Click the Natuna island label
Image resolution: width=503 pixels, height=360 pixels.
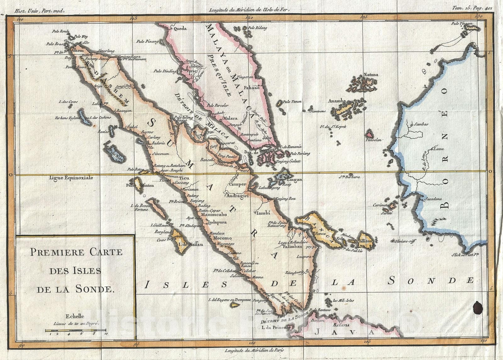pyautogui.click(x=371, y=75)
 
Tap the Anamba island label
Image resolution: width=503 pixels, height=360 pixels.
pyautogui.click(x=337, y=101)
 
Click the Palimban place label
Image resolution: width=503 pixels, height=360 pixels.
pyautogui.click(x=293, y=247)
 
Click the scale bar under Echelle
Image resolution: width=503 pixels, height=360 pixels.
pyautogui.click(x=75, y=330)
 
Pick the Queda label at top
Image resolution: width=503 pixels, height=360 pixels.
pyautogui.click(x=178, y=29)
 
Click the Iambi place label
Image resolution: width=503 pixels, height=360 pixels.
pyautogui.click(x=264, y=213)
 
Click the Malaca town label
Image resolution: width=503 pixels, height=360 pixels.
pyautogui.click(x=230, y=119)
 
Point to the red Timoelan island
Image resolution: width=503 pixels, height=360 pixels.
pyautogui.click(x=369, y=133)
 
